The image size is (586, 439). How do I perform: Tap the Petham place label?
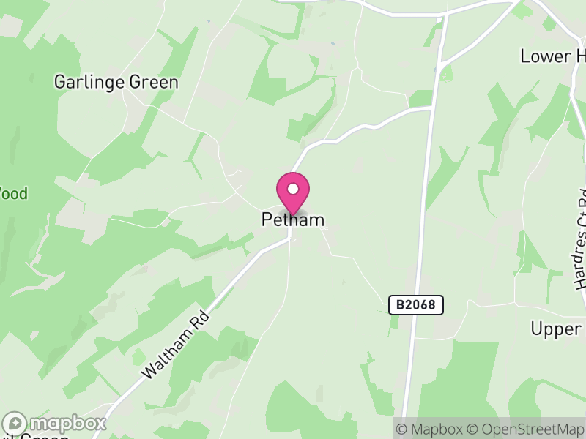click(x=293, y=219)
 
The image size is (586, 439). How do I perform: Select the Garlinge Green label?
click(x=116, y=82)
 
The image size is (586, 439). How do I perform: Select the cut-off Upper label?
click(x=556, y=329)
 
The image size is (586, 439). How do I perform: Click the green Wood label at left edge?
click(x=14, y=194)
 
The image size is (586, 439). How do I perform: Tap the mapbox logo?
click(x=56, y=424)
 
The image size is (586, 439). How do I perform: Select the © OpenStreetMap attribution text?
click(x=526, y=429)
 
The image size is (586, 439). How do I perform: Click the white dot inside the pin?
click(x=293, y=189)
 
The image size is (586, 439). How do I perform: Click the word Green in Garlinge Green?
click(x=153, y=82)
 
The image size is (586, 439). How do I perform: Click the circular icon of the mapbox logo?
click(x=15, y=424)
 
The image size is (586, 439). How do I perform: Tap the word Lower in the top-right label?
click(x=544, y=56)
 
